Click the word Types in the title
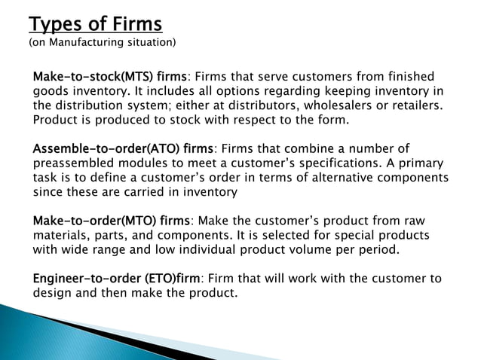coord(55,23)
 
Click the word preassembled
coord(74,163)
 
